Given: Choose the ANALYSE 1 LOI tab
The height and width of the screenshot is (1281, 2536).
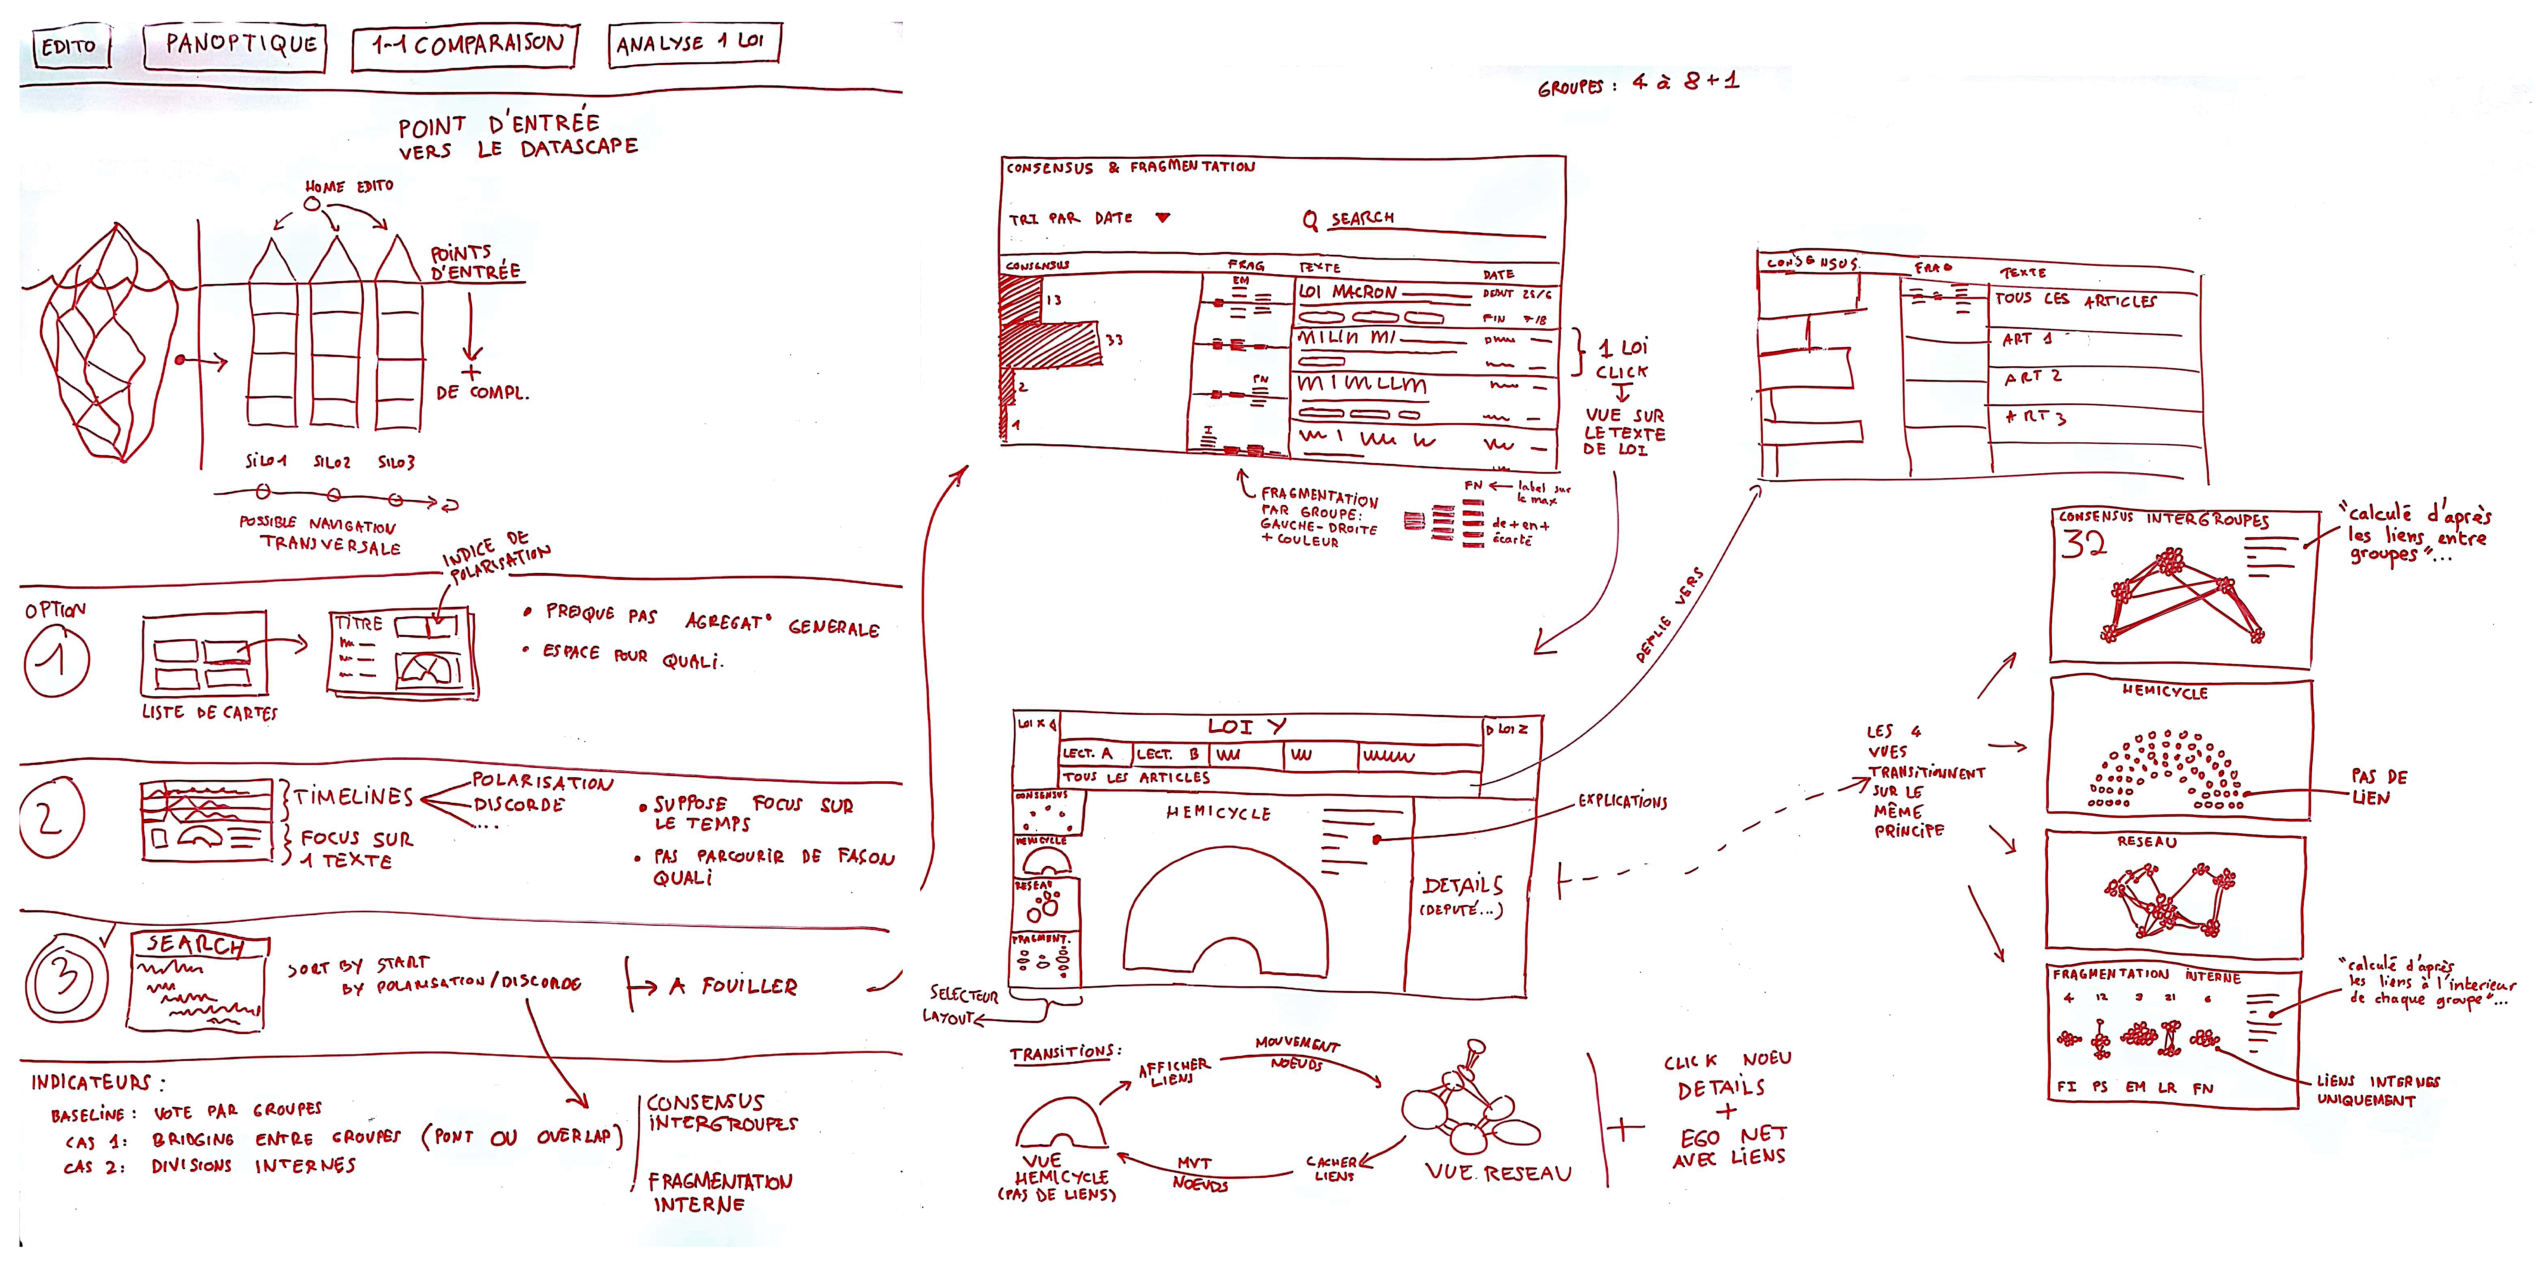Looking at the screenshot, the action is [x=693, y=42].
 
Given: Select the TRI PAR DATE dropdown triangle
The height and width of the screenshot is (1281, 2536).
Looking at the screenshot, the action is [x=1163, y=218].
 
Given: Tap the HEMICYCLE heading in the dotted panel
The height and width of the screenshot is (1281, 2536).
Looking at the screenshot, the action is [x=2165, y=692].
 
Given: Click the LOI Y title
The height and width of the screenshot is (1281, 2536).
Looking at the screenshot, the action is [x=1247, y=727].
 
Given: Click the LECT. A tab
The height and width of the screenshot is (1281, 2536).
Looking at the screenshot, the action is [x=1087, y=753].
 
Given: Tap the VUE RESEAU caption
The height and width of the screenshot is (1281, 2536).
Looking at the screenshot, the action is [x=1498, y=1173].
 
